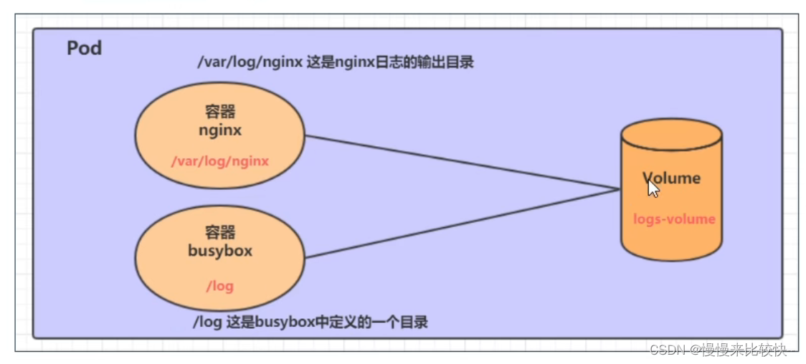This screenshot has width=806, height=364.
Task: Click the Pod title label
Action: pyautogui.click(x=85, y=48)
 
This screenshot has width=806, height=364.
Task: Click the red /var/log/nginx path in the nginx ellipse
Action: pyautogui.click(x=219, y=161)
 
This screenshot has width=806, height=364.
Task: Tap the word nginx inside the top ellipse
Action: pyautogui.click(x=219, y=130)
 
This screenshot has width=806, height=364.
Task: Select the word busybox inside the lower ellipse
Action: pyautogui.click(x=219, y=252)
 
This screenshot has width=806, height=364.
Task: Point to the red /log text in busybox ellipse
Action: pyautogui.click(x=219, y=286)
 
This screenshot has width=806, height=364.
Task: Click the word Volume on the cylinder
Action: pyautogui.click(x=671, y=178)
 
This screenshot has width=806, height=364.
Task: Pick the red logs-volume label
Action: pyautogui.click(x=674, y=219)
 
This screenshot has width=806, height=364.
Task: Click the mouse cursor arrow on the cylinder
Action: pyautogui.click(x=653, y=188)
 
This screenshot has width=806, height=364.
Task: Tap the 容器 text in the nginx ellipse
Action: pyautogui.click(x=219, y=112)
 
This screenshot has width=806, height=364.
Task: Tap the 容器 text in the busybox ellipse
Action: pyautogui.click(x=219, y=233)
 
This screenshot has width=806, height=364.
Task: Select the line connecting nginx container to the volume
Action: pyautogui.click(x=459, y=162)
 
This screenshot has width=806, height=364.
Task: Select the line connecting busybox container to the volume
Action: pyautogui.click(x=459, y=224)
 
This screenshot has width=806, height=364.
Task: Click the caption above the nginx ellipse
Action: pyautogui.click(x=336, y=62)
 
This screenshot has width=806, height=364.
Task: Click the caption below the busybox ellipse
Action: pyautogui.click(x=310, y=322)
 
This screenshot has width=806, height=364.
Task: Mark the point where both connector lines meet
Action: pyautogui.click(x=619, y=189)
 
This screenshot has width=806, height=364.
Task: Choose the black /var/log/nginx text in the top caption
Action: pyautogui.click(x=250, y=62)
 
